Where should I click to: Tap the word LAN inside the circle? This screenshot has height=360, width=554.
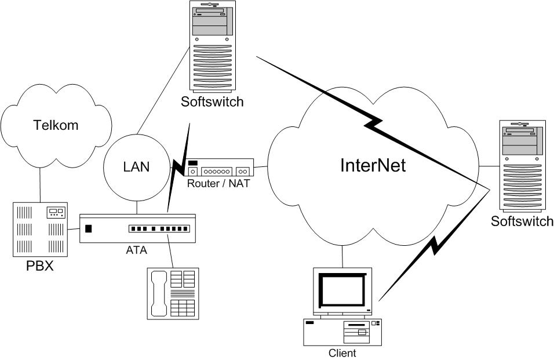(136, 167)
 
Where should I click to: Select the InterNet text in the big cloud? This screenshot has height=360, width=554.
(372, 165)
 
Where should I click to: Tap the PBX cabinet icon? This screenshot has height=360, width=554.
(40, 229)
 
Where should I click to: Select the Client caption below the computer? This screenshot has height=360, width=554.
(342, 352)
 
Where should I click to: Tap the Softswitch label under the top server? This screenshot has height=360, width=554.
(212, 102)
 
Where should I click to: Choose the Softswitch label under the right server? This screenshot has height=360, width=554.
(522, 221)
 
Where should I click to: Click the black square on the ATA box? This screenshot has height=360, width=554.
(89, 228)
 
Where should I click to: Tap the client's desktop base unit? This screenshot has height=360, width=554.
(342, 332)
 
